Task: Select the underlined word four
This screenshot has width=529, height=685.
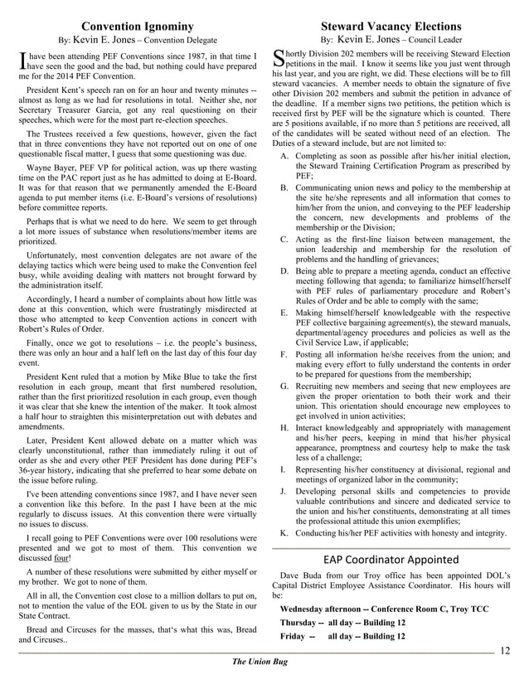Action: click(60, 557)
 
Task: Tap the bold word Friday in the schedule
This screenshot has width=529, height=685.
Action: click(293, 636)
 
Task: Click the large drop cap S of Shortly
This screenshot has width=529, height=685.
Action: click(278, 59)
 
